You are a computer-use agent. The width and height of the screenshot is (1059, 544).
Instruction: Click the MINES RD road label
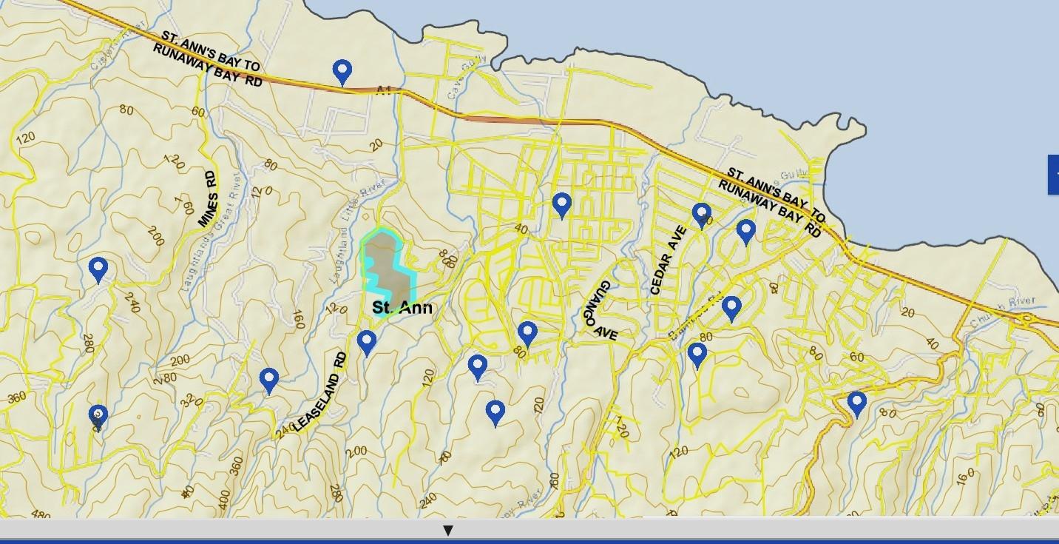click(x=209, y=199)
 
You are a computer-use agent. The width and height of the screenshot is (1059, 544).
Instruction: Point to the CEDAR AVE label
click(x=668, y=261)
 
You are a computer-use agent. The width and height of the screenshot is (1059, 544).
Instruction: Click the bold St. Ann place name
click(x=402, y=307)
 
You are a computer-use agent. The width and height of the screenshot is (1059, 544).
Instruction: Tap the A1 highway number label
click(x=383, y=90)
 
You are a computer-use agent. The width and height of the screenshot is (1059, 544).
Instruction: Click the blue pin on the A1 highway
click(x=342, y=72)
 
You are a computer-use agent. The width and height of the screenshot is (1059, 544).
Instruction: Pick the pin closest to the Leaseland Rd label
click(x=367, y=342)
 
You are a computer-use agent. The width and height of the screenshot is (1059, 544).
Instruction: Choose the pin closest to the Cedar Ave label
click(x=701, y=215)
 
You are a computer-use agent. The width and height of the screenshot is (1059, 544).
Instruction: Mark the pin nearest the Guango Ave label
click(x=527, y=333)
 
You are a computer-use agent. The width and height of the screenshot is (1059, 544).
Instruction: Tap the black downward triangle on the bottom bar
click(x=447, y=531)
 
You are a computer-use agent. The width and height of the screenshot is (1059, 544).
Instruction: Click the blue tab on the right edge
click(x=1053, y=175)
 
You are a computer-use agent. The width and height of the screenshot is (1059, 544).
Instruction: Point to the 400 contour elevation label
click(x=225, y=498)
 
